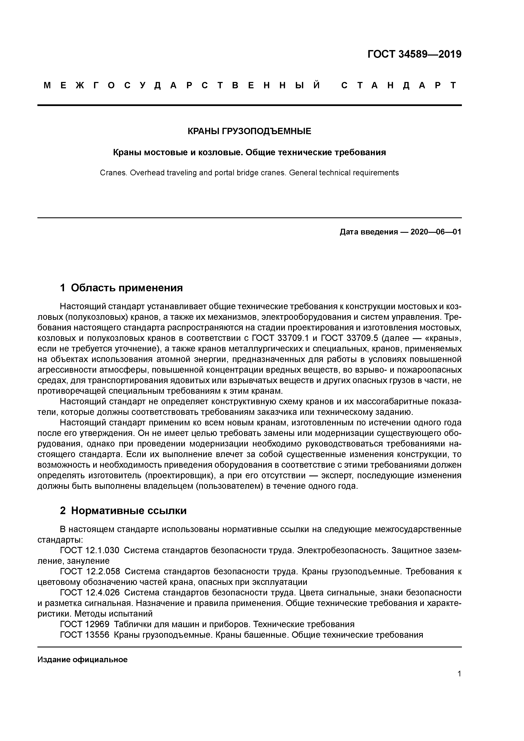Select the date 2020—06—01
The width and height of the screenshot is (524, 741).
(436, 232)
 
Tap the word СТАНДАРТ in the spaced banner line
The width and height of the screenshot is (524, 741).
(399, 85)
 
